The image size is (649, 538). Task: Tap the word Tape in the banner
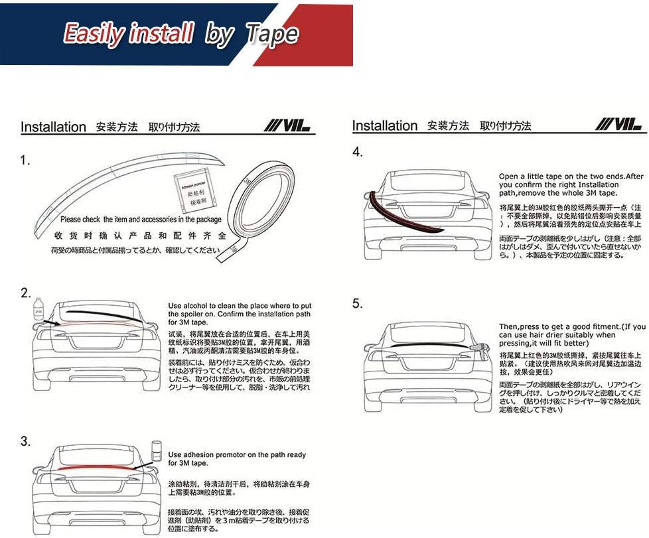click(x=271, y=34)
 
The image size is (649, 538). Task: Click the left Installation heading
click(x=53, y=127)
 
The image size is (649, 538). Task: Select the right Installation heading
click(x=385, y=126)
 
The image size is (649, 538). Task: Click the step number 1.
click(x=25, y=161)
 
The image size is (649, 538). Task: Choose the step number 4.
click(x=358, y=152)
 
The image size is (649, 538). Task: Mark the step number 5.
click(x=358, y=303)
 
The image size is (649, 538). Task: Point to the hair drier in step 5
click(x=479, y=348)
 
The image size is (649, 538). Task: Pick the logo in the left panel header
click(x=287, y=125)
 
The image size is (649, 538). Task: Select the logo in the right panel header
click(x=619, y=124)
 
